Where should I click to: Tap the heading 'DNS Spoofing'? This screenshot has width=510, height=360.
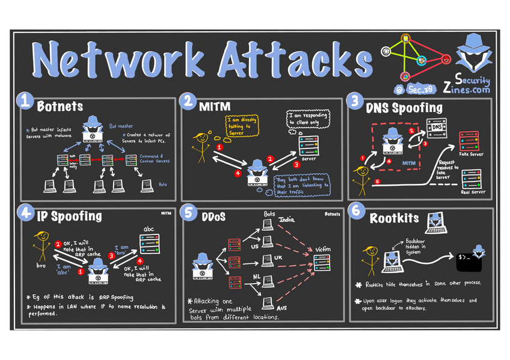pos(404,108)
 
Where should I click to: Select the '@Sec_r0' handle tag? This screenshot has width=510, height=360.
pos(414,89)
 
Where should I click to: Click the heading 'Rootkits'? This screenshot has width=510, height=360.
pos(394,217)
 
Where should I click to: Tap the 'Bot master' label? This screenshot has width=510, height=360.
pos(121,126)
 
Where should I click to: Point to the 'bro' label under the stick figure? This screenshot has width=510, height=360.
pos(41,265)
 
